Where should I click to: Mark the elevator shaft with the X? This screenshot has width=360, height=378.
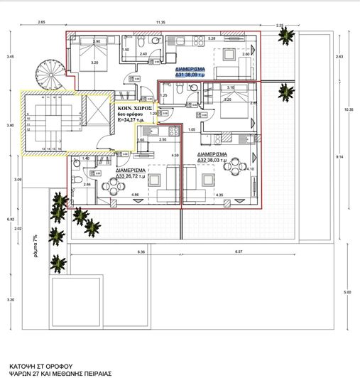click(91, 114)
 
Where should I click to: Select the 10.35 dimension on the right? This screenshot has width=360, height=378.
click(349, 110)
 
